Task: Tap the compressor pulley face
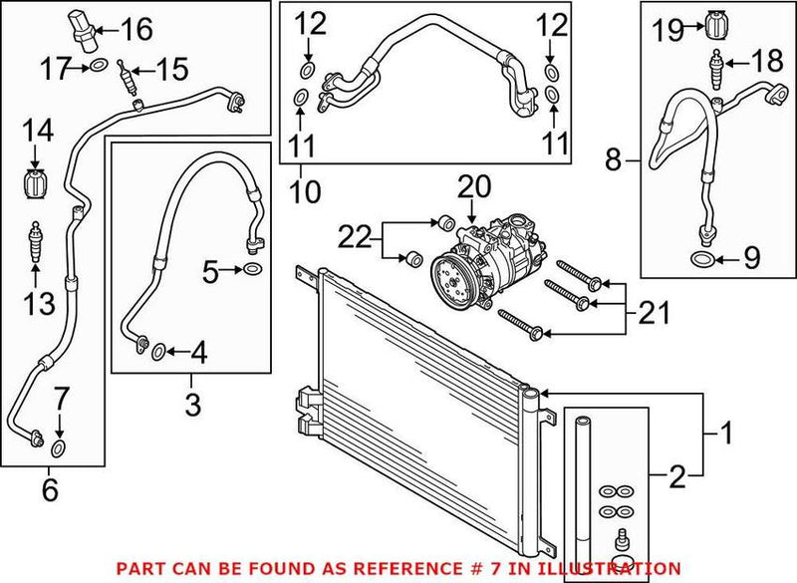(x=451, y=277)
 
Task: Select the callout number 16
(x=136, y=29)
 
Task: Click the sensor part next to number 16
(x=85, y=27)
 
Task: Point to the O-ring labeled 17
(x=97, y=67)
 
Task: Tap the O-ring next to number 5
(x=253, y=270)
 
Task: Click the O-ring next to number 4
(x=157, y=350)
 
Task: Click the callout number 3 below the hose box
(x=193, y=406)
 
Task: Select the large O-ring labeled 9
(x=702, y=261)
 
